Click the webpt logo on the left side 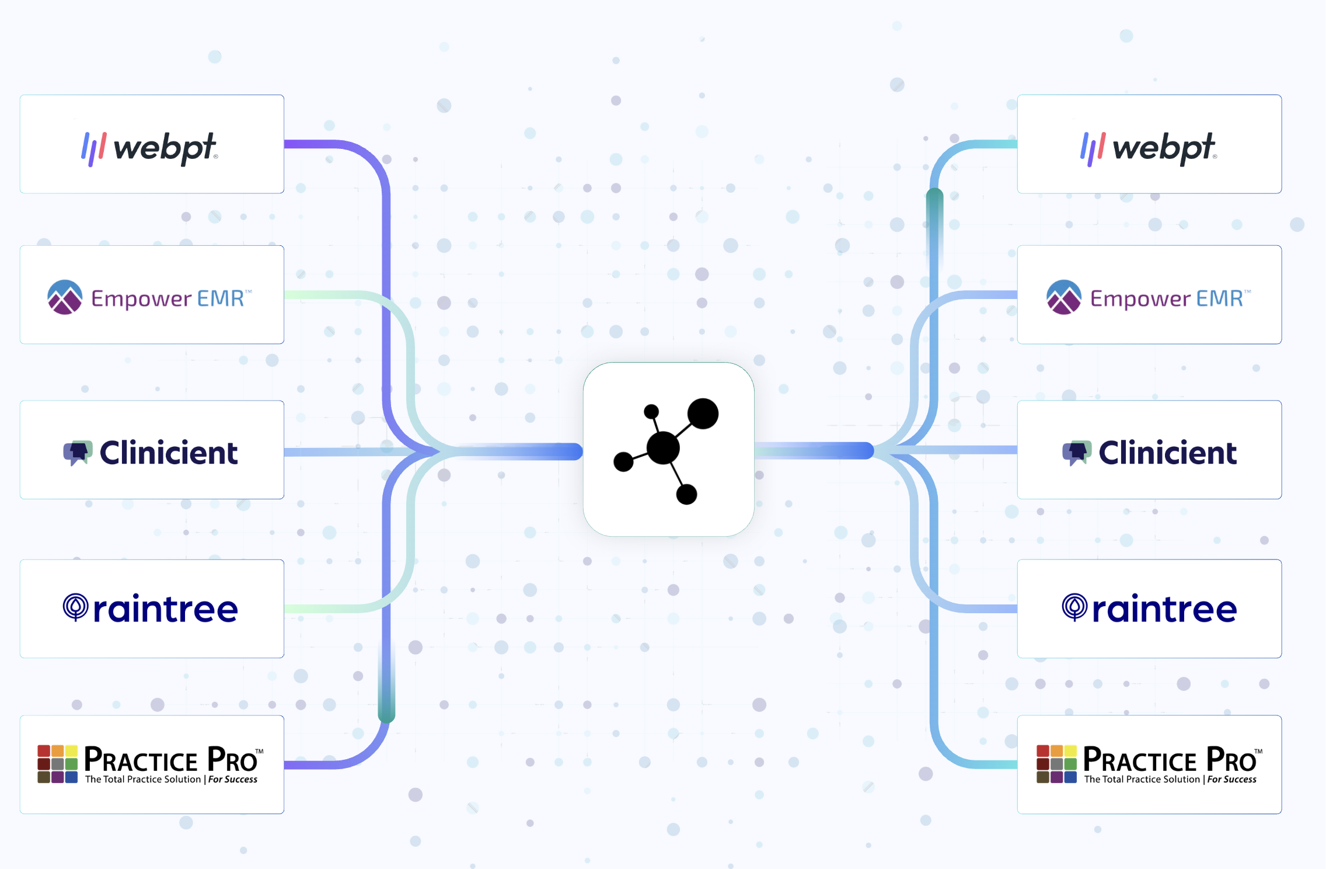(150, 148)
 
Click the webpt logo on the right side (1149, 148)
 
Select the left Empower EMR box (152, 295)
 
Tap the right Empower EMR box (1149, 295)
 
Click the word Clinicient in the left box (169, 453)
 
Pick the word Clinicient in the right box (1167, 453)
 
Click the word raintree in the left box (166, 610)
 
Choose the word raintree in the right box (1164, 610)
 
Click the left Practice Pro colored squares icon (58, 764)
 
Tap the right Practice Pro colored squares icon (1056, 764)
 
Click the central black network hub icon (668, 449)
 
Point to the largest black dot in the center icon (664, 448)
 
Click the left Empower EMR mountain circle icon (65, 297)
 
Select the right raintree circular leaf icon (1074, 607)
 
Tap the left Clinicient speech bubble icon (78, 453)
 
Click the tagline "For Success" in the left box (233, 780)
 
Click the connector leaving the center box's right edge (817, 450)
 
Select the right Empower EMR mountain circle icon (1064, 297)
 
